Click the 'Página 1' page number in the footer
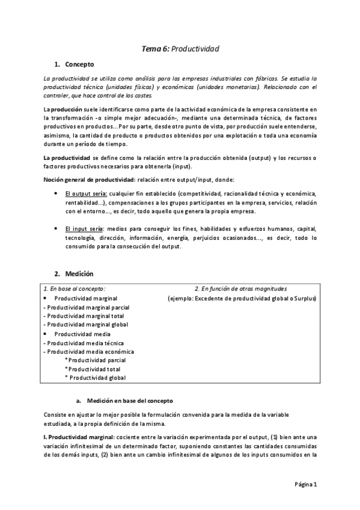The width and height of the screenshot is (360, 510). pyautogui.click(x=310, y=484)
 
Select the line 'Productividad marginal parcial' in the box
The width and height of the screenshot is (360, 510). pyautogui.click(x=87, y=307)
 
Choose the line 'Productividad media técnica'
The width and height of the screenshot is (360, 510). pyautogui.click(x=83, y=343)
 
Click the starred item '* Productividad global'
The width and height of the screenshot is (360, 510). pyautogui.click(x=95, y=378)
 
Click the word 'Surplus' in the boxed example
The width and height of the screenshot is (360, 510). pyautogui.click(x=306, y=298)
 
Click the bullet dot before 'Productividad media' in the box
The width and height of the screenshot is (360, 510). pyautogui.click(x=46, y=333)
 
